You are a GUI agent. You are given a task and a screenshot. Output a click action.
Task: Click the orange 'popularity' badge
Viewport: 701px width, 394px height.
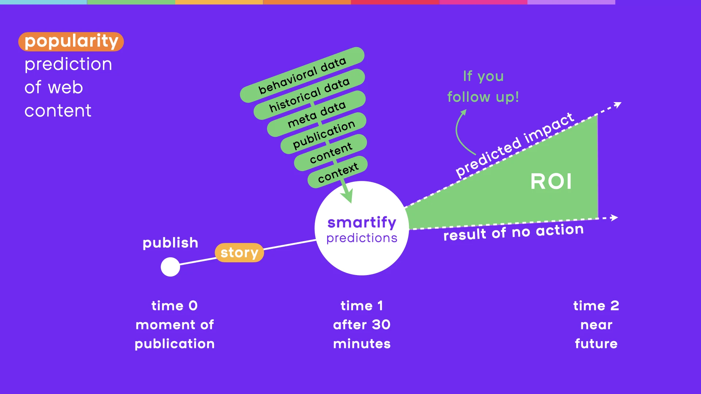click(x=71, y=42)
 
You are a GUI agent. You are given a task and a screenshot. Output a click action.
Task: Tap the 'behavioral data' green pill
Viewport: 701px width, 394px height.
click(x=302, y=75)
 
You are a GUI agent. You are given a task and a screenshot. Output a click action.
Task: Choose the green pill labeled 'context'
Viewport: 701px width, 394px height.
click(x=338, y=172)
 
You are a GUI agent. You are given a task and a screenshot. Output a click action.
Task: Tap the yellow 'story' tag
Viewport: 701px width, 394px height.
click(x=239, y=252)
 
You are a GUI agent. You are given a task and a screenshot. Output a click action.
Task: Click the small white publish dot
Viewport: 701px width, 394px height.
click(x=170, y=267)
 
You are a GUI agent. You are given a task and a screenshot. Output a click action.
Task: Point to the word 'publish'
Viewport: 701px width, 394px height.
click(x=170, y=243)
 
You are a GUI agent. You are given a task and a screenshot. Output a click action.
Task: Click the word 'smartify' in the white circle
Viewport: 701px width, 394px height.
click(x=361, y=222)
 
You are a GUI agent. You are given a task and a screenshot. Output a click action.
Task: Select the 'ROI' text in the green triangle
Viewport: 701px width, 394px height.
click(x=551, y=181)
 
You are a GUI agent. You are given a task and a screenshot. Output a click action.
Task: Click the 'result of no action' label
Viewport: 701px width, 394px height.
click(x=513, y=232)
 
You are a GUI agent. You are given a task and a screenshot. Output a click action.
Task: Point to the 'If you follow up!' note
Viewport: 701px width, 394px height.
click(x=483, y=87)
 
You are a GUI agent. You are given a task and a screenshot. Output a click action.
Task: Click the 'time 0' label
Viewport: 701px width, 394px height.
click(x=175, y=306)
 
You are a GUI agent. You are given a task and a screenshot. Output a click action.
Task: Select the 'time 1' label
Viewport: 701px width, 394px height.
click(x=361, y=306)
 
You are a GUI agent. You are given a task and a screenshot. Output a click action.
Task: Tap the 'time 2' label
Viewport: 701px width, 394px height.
click(x=596, y=306)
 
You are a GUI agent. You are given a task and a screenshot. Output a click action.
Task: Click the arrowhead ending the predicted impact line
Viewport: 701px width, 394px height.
click(x=618, y=105)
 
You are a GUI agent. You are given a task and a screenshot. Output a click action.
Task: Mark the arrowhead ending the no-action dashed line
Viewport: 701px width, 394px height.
click(x=614, y=218)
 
